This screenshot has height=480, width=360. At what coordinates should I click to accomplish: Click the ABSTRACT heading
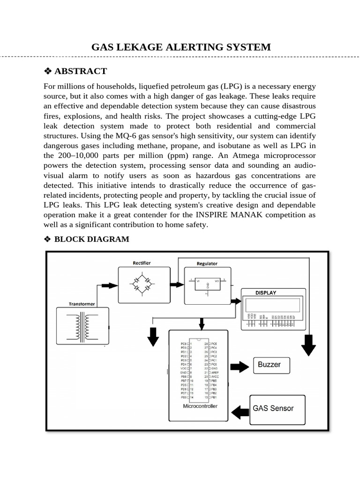(x=81, y=71)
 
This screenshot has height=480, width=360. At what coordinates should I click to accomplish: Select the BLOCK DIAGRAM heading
(x=91, y=239)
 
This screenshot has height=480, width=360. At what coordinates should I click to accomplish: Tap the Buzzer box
(x=272, y=365)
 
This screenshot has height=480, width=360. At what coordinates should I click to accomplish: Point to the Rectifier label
(x=142, y=263)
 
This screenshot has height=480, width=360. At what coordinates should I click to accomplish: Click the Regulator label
(x=207, y=263)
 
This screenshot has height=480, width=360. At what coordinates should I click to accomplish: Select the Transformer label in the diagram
(x=82, y=304)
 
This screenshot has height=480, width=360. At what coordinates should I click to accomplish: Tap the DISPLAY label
(x=266, y=292)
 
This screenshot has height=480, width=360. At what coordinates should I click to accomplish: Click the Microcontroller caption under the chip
(x=200, y=406)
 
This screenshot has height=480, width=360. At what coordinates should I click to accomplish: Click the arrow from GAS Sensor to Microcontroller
(x=241, y=412)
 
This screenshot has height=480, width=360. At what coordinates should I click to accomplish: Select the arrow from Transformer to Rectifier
(x=109, y=285)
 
